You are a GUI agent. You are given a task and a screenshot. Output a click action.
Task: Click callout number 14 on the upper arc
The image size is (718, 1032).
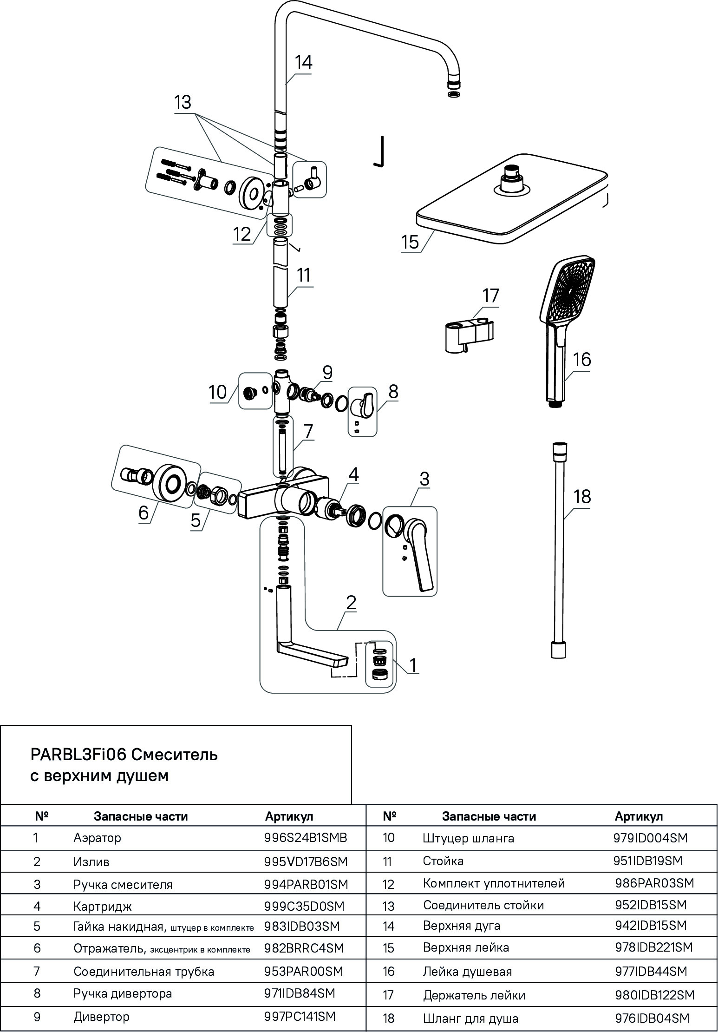[x=304, y=63]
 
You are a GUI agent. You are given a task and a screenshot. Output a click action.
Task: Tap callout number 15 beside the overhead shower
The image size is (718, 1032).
[x=410, y=242]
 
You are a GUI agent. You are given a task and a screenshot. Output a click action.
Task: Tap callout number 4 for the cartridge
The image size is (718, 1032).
[x=353, y=474]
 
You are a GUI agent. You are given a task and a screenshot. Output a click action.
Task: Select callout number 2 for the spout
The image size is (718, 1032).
[x=351, y=603]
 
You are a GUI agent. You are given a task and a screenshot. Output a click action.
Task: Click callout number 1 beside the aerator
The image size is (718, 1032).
[x=412, y=665]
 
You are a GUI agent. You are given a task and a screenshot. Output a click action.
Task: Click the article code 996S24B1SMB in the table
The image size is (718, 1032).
[x=305, y=838]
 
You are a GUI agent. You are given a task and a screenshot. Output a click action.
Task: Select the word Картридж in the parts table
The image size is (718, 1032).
[x=102, y=906]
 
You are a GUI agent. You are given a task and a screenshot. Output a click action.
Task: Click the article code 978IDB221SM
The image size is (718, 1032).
[x=653, y=947]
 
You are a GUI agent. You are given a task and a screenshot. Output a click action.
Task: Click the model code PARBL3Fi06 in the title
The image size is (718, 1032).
[x=78, y=755]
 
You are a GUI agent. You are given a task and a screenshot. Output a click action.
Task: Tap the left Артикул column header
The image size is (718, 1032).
[x=289, y=816]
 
